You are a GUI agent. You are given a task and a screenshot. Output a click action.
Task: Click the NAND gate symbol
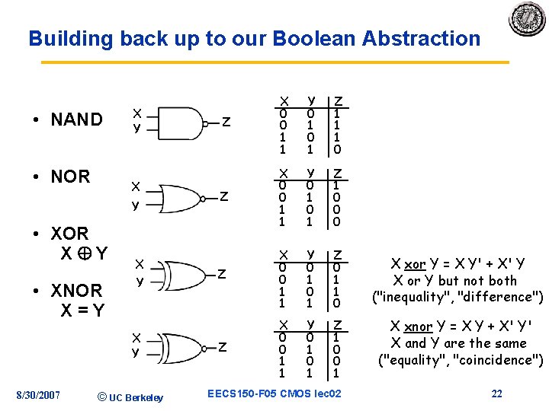point(178,122)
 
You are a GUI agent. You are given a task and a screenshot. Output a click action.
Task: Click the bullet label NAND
point(75,119)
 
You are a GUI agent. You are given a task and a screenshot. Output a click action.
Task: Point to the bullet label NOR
point(69,177)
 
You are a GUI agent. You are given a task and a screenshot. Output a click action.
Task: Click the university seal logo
point(528,19)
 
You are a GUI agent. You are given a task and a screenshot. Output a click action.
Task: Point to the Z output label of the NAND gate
point(226,122)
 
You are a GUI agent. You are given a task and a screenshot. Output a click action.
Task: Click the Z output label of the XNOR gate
point(223,347)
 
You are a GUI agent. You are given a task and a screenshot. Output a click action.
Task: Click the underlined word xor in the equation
point(415,265)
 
